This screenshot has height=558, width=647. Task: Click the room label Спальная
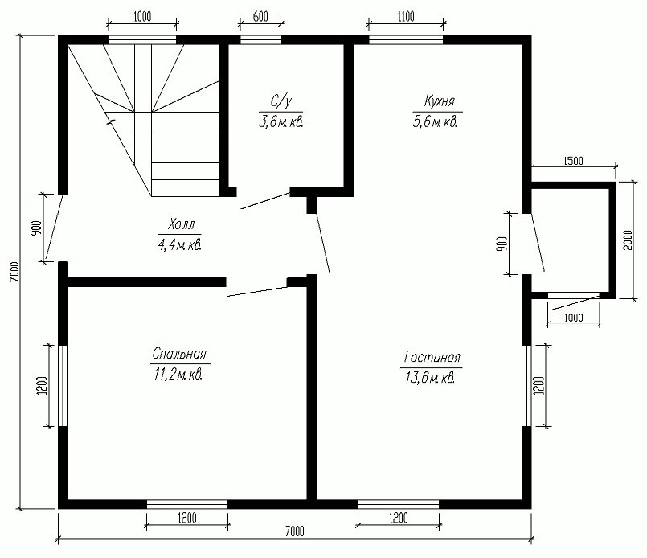(179, 353)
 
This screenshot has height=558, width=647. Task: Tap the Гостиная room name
(432, 357)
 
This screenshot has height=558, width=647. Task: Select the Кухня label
(439, 101)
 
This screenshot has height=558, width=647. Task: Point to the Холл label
(181, 225)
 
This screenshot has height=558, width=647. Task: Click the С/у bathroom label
(281, 101)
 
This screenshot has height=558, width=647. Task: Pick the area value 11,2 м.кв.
(178, 375)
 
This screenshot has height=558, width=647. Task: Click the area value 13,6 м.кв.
(430, 378)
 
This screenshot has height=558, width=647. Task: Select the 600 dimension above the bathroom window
(260, 17)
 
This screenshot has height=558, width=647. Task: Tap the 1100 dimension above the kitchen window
(406, 17)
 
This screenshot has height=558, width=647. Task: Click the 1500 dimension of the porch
(573, 161)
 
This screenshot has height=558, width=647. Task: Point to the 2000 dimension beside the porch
(628, 240)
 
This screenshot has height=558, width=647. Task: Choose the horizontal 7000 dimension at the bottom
(295, 531)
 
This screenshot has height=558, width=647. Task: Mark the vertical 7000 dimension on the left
(14, 272)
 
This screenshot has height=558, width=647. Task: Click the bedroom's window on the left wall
(63, 385)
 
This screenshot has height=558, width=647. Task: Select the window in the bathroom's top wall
(260, 40)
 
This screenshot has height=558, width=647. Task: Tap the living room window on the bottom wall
(398, 504)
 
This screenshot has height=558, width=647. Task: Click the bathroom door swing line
(265, 200)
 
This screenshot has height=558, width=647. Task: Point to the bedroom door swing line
(257, 292)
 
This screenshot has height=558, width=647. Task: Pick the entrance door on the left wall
(54, 226)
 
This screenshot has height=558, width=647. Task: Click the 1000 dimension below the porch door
(574, 318)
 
